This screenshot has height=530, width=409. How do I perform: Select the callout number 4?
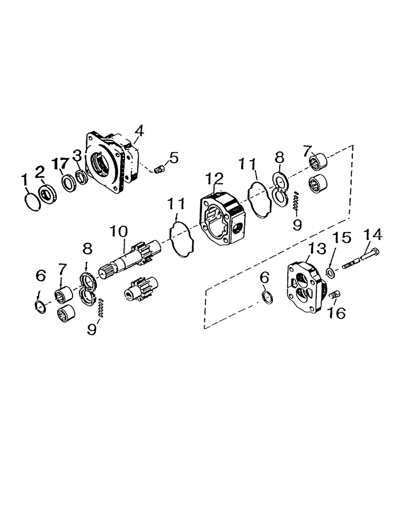point(139,130)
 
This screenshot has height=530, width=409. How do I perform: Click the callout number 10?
point(119,232)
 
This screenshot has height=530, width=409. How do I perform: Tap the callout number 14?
point(371,235)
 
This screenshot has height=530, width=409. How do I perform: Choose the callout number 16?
point(336,313)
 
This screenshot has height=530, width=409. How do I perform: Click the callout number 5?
point(173,157)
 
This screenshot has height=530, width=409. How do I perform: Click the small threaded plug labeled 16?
point(334,295)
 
